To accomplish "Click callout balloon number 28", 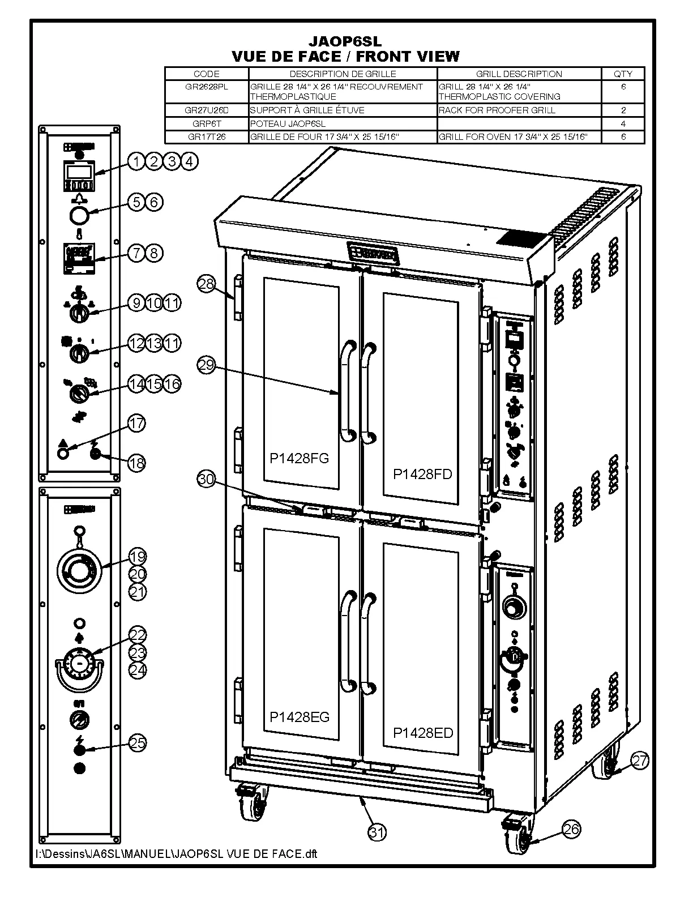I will [206, 283].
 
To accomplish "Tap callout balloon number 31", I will [377, 832].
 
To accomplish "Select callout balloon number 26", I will [571, 829].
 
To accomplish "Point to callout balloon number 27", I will [639, 761].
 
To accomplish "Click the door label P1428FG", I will [299, 458].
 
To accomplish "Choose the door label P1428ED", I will [423, 733].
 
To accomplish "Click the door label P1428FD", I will [423, 474].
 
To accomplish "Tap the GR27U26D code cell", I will [206, 110].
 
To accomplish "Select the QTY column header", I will [623, 74].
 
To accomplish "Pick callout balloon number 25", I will [138, 742].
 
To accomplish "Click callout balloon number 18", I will [136, 463].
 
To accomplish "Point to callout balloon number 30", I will [206, 479].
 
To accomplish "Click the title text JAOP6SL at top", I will [345, 41].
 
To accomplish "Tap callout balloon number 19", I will [138, 556].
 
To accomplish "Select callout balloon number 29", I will [206, 365].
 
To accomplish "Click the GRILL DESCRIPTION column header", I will [519, 74].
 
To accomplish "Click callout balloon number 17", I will [136, 423].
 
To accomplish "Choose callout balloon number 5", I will [136, 202].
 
